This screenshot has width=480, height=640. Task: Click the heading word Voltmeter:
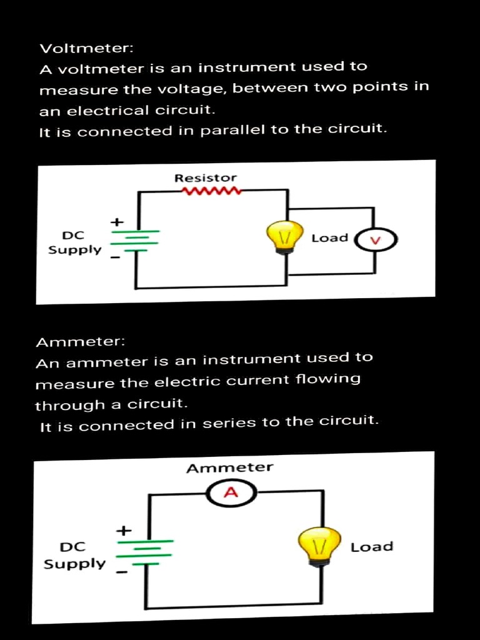click(x=86, y=48)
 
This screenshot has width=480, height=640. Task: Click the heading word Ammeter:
click(x=81, y=342)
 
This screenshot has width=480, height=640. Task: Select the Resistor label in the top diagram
click(x=206, y=178)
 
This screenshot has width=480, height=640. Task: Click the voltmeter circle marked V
click(x=376, y=240)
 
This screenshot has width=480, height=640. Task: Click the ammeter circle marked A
click(x=231, y=493)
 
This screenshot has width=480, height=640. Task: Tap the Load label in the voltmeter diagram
click(x=329, y=237)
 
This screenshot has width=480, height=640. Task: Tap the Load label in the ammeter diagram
click(x=372, y=547)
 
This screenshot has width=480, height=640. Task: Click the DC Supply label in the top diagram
click(x=74, y=242)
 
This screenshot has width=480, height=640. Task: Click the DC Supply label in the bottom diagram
click(x=74, y=555)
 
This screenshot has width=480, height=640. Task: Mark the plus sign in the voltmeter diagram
click(x=116, y=222)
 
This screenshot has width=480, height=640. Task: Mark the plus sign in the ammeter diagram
click(x=124, y=531)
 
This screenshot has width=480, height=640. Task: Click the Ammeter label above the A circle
click(x=229, y=467)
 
